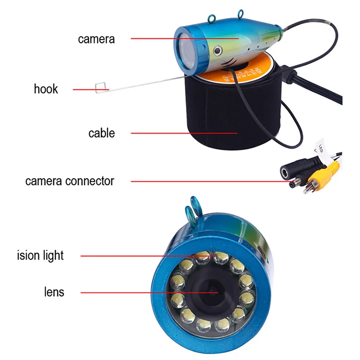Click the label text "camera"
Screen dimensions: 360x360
(x=96, y=39)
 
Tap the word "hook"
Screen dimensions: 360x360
(x=46, y=88)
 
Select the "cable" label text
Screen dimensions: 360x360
(x=101, y=133)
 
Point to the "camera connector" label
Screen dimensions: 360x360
(x=70, y=181)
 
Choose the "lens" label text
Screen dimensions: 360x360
(x=54, y=292)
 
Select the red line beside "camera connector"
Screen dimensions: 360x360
(x=207, y=181)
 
